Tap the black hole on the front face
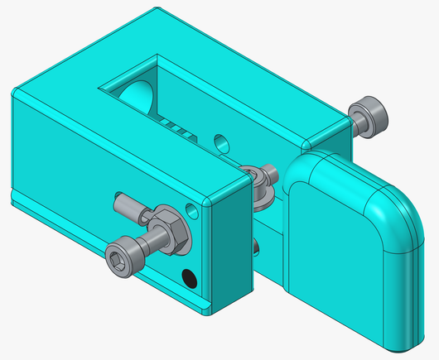[x=190, y=279]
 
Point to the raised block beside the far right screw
[x=327, y=137]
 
